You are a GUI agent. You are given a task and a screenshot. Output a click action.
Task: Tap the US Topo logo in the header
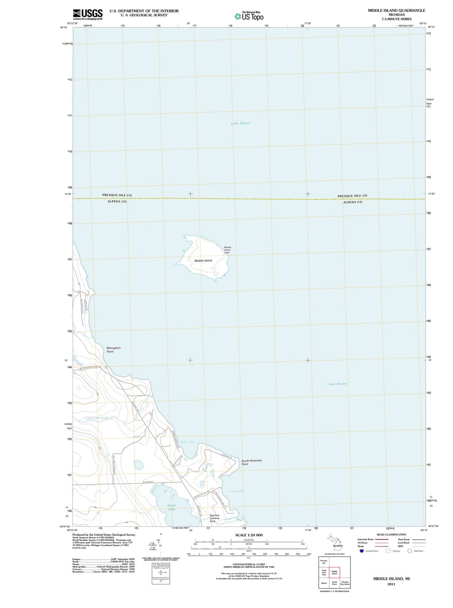[249, 16]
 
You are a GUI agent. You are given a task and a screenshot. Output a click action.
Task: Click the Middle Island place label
[203, 261]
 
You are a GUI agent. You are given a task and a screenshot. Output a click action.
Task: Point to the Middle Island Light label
[227, 250]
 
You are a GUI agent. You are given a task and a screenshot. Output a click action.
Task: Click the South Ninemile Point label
[251, 462]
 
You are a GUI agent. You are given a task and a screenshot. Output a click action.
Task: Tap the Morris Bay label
[188, 442]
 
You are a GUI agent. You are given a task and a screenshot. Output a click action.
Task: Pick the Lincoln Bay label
[236, 491]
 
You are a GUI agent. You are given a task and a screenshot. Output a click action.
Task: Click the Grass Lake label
[172, 507]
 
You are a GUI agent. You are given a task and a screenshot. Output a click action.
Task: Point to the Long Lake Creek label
[97, 418]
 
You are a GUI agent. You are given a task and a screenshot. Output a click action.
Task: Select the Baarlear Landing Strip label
[214, 518]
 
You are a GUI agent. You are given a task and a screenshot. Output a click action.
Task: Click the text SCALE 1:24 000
[249, 535]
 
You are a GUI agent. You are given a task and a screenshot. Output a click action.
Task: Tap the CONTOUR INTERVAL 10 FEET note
[249, 565]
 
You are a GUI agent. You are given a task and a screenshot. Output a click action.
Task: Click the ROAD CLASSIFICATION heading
[391, 535]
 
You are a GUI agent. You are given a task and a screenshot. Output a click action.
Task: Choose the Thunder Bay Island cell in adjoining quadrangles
[345, 583]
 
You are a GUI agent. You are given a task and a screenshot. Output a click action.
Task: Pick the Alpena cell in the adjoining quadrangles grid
[324, 583]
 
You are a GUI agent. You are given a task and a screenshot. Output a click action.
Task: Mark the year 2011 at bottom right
[391, 584]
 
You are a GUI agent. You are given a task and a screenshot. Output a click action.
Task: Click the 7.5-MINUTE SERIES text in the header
[396, 19]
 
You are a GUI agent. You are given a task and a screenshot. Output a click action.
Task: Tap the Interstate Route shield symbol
[362, 551]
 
